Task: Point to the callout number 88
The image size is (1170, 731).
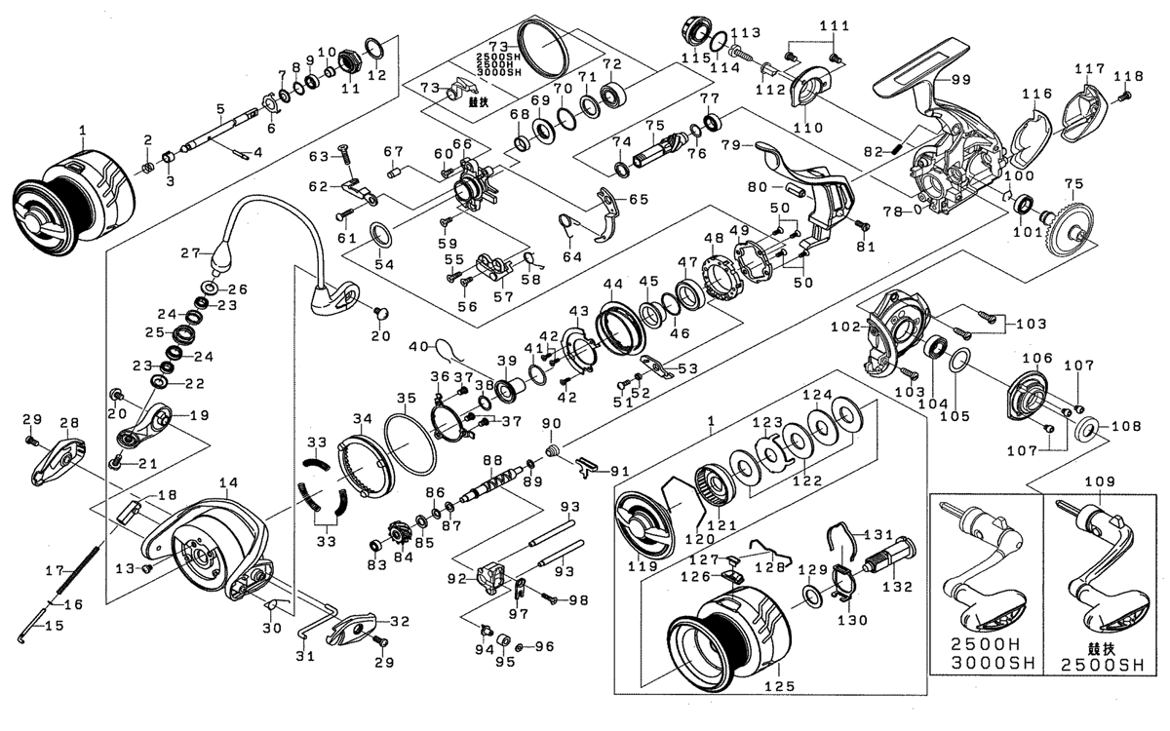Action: [492, 460]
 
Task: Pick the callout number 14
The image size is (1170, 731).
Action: [229, 481]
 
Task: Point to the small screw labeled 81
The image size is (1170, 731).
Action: [861, 224]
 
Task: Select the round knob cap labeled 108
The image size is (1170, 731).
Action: [1089, 427]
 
